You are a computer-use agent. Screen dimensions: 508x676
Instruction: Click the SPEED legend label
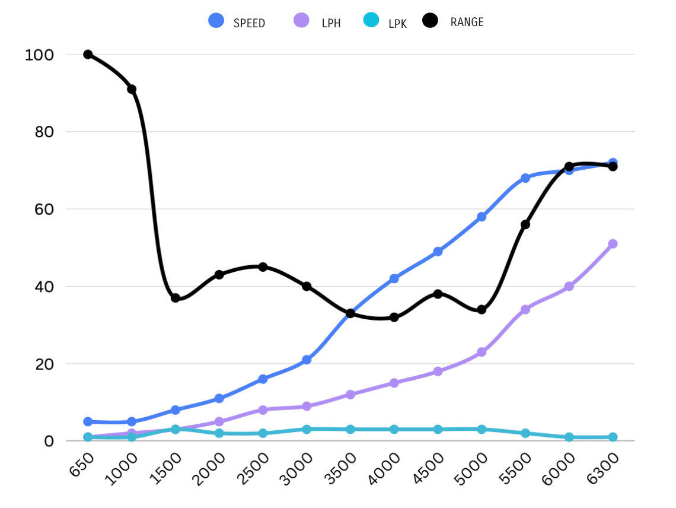pyautogui.click(x=249, y=23)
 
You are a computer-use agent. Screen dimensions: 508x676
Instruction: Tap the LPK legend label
pyautogui.click(x=397, y=24)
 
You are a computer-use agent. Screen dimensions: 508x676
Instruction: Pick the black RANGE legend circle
pyautogui.click(x=430, y=21)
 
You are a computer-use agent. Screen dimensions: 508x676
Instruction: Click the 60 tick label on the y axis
pyautogui.click(x=43, y=209)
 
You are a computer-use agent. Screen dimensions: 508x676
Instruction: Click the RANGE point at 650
pyautogui.click(x=88, y=55)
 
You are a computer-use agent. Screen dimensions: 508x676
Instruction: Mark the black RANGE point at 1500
pyautogui.click(x=176, y=298)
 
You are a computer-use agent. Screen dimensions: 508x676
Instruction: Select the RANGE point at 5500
pyautogui.click(x=525, y=224)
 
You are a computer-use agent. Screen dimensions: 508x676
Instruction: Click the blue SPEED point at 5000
pyautogui.click(x=482, y=217)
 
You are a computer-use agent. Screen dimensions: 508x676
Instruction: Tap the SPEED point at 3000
pyautogui.click(x=307, y=360)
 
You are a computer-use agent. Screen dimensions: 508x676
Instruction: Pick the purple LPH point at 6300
pyautogui.click(x=613, y=244)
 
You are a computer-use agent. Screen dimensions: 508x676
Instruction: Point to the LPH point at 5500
pyautogui.click(x=525, y=309)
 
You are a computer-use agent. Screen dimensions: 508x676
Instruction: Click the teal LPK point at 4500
pyautogui.click(x=438, y=429)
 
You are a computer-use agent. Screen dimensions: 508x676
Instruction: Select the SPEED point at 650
pyautogui.click(x=88, y=421)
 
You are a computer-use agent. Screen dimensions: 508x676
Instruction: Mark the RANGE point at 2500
pyautogui.click(x=263, y=267)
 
